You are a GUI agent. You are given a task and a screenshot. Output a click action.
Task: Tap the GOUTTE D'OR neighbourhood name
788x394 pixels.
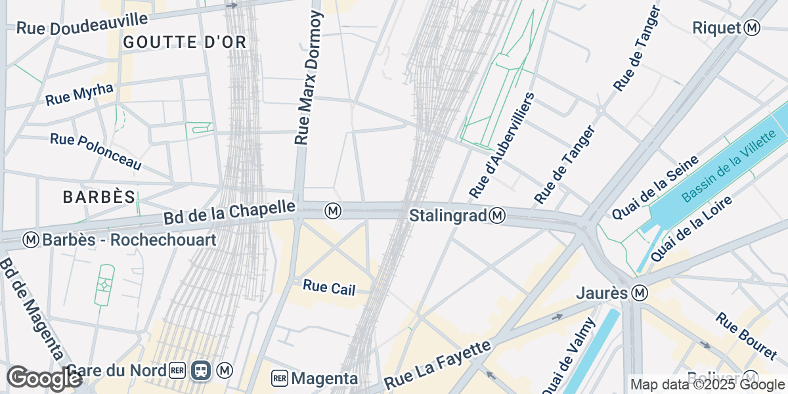185,43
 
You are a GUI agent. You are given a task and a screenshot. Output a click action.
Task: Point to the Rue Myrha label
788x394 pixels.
79,94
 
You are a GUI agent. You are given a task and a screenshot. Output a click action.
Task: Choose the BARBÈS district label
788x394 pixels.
99,196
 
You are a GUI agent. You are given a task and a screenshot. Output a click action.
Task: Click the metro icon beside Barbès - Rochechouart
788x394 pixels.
31,240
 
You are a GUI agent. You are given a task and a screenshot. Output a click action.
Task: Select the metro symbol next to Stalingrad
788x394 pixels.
498,215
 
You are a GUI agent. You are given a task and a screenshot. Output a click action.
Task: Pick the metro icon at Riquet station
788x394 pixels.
753,28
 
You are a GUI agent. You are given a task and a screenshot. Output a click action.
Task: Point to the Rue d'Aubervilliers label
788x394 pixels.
503,145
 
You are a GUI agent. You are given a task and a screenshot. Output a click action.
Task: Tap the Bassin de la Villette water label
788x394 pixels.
733,166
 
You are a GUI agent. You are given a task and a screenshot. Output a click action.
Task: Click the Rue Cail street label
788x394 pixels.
329,287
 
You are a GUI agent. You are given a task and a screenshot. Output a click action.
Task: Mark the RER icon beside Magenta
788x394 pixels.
280,378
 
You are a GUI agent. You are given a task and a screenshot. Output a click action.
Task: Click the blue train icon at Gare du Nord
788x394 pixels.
201,371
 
